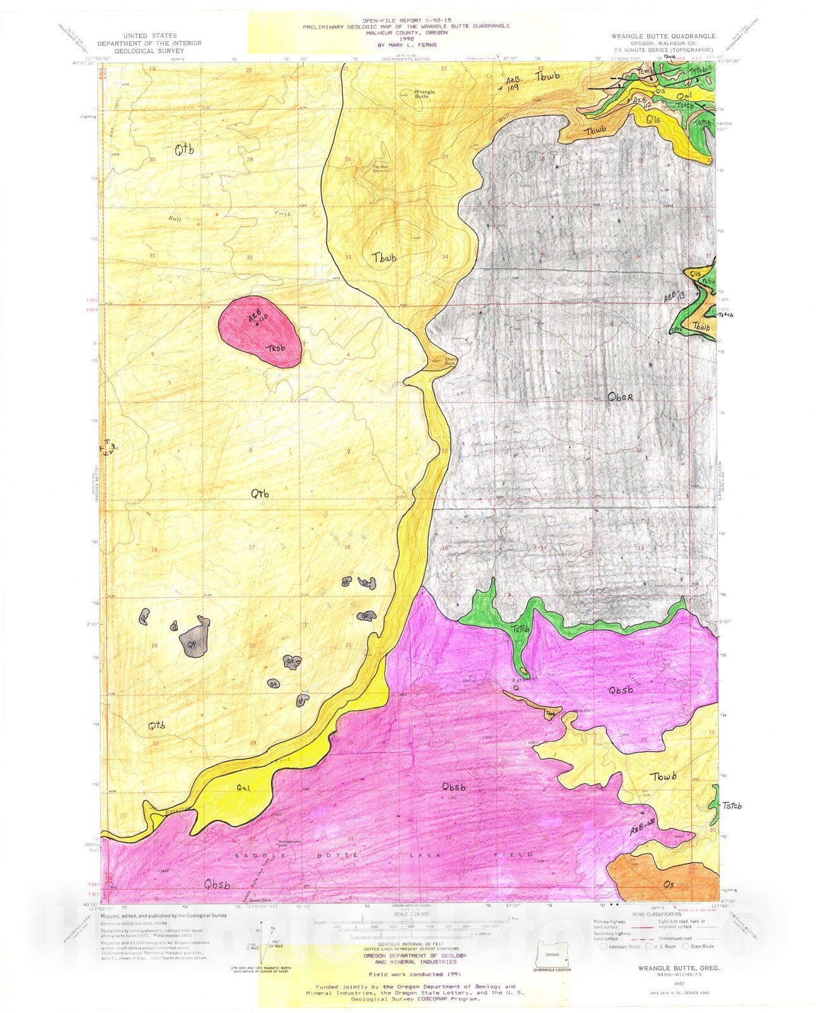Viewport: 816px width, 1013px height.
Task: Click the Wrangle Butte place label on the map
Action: [425, 94]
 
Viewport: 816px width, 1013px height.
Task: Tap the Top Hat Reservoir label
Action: [379, 169]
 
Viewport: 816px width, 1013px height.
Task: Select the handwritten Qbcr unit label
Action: [620, 398]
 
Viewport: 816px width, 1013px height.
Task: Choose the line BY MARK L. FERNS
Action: [406, 45]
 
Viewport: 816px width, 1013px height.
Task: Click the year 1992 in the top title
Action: [407, 39]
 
